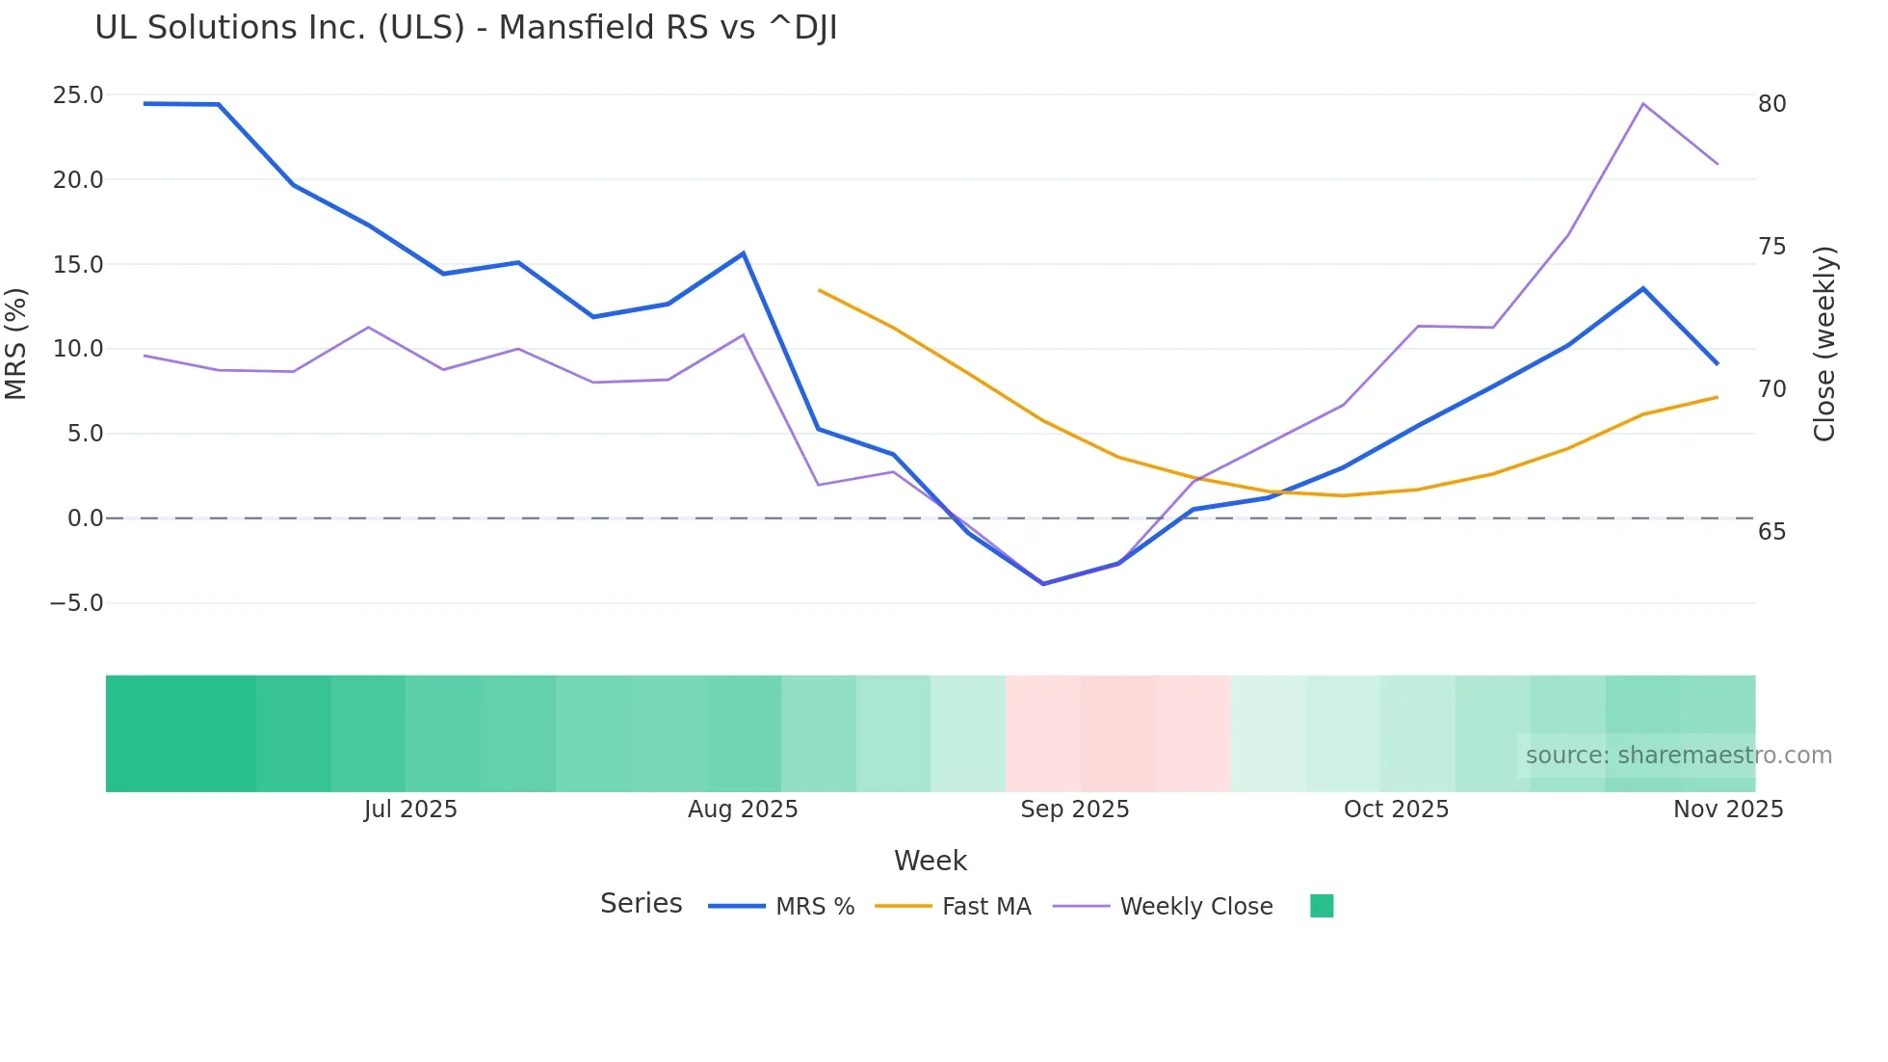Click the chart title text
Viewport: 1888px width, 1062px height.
coord(465,28)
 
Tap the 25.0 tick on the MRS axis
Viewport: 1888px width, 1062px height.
coord(78,95)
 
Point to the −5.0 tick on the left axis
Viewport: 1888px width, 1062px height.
coord(76,603)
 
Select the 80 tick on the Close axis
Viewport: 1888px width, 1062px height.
coord(1771,104)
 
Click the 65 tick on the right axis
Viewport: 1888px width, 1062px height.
coord(1771,532)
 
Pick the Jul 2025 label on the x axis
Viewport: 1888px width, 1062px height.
coord(410,810)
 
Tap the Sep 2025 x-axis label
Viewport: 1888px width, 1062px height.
coord(1074,810)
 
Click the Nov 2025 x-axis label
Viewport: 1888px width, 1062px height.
coord(1727,810)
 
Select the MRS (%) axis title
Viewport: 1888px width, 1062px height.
coord(16,344)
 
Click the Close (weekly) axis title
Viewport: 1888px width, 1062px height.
coord(1823,344)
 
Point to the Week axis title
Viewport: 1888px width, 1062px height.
coord(930,861)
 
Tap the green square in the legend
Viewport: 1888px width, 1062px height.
coord(1322,906)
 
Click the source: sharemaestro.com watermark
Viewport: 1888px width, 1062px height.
coord(1678,756)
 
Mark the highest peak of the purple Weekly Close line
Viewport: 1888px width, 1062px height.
coord(1642,103)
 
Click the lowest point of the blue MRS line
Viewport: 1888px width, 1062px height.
coord(1043,584)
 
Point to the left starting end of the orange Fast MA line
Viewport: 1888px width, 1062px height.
coord(819,290)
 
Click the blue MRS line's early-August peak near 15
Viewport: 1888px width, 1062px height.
coord(743,253)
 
